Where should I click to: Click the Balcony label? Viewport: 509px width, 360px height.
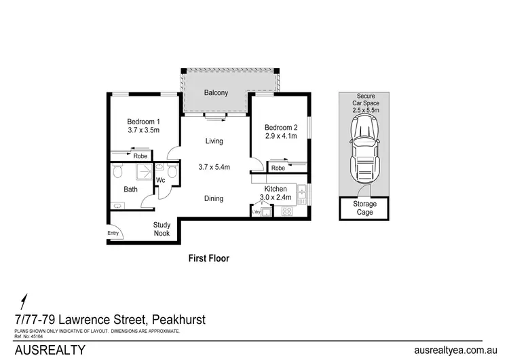point(216,93)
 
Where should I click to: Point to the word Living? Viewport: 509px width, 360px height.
point(214,141)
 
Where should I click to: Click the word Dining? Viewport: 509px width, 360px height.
point(214,198)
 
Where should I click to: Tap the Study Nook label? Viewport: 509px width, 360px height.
point(161,229)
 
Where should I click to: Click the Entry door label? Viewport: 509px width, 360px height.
point(113,234)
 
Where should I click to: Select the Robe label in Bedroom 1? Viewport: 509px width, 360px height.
point(140,156)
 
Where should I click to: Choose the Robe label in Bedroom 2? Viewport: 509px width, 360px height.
point(278,168)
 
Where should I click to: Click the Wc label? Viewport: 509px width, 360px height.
point(161,181)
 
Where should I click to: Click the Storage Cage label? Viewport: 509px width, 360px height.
point(364,207)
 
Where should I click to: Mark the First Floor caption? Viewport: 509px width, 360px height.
point(208,258)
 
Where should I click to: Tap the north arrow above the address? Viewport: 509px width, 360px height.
point(26,300)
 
